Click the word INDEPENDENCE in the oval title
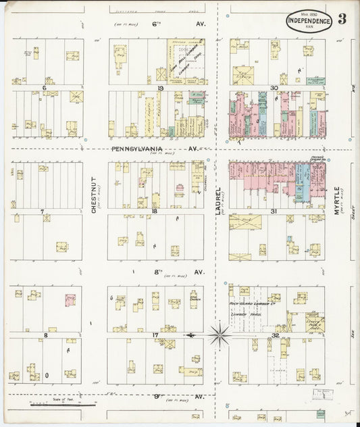coord(309,20)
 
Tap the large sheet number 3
coord(342,19)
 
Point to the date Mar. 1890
coord(309,13)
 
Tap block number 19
coord(161,89)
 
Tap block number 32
coord(275,334)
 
